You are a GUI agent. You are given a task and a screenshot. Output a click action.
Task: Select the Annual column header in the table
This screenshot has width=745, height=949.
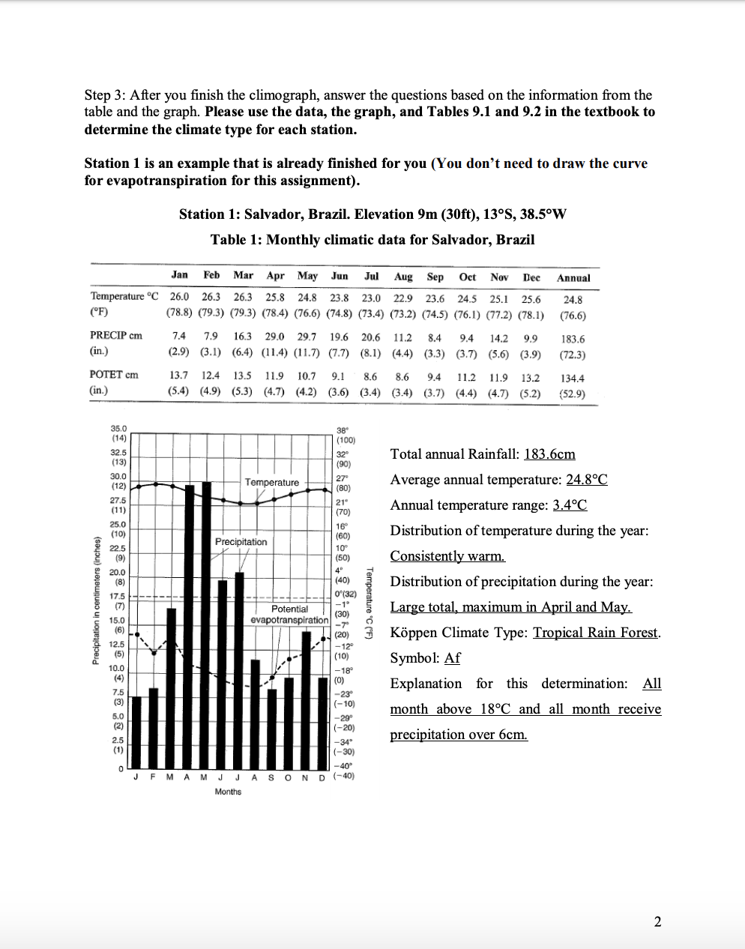[573, 277]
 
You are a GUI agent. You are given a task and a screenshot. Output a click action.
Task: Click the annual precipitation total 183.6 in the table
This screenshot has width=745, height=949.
[573, 340]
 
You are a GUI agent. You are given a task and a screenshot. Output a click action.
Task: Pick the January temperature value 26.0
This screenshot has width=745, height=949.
[179, 298]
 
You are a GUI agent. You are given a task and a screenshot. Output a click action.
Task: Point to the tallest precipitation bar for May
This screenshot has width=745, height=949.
[206, 622]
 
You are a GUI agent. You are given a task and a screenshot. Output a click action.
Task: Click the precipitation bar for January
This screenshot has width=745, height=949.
[136, 731]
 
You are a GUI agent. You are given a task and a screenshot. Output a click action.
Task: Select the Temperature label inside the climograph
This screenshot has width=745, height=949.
[271, 482]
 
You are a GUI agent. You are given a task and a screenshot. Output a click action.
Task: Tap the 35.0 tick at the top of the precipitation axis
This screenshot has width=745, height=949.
[118, 427]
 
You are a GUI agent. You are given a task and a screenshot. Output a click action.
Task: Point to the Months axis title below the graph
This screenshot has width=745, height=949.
[228, 792]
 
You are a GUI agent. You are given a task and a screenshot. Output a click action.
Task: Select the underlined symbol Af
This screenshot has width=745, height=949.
[452, 658]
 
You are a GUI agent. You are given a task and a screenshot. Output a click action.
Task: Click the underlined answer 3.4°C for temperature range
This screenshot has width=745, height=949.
[570, 505]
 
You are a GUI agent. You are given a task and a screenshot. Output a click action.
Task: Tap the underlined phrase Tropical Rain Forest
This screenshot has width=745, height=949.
[595, 633]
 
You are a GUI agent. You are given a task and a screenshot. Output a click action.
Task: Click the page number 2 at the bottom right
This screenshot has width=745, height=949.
[657, 922]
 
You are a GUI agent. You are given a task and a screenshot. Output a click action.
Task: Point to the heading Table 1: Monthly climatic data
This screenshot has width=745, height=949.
[372, 240]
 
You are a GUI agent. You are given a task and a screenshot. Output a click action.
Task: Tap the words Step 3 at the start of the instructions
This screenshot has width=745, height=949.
[104, 95]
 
